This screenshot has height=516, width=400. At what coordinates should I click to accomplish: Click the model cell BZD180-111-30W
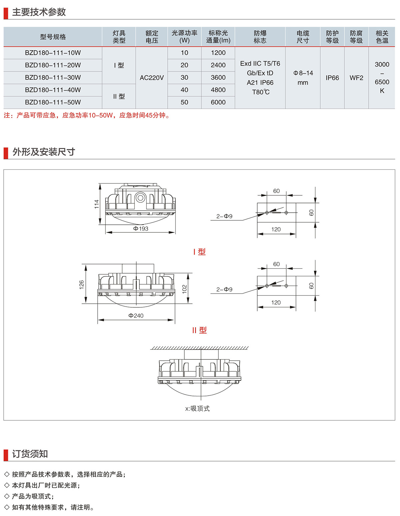click(53, 78)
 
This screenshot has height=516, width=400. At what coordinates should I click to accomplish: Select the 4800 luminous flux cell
click(218, 90)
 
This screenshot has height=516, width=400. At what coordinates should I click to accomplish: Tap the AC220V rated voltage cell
click(152, 78)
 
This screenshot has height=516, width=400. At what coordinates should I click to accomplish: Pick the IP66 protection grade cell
click(332, 78)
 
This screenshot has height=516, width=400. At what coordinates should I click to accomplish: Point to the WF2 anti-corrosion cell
click(356, 78)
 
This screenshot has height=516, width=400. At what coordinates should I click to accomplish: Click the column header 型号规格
click(53, 37)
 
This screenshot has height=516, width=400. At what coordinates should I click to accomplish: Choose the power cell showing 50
click(184, 102)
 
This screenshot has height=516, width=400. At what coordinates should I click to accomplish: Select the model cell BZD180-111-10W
click(53, 53)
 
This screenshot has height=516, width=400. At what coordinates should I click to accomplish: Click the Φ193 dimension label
click(141, 229)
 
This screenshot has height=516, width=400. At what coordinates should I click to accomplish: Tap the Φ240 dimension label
click(136, 316)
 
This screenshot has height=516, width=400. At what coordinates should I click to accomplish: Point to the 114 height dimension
click(97, 204)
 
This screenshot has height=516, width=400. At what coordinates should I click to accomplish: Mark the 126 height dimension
click(82, 284)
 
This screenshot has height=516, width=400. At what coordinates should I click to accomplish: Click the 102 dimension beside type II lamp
click(185, 289)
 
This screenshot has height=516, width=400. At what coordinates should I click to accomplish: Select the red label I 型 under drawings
click(199, 252)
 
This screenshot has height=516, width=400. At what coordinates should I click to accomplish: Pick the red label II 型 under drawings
click(199, 330)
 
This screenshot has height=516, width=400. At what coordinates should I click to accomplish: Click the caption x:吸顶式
click(197, 409)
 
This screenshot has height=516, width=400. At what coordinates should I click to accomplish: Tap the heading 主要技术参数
click(39, 12)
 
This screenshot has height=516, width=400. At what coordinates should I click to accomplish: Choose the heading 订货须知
click(30, 454)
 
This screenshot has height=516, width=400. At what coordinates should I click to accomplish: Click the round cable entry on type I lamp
click(140, 198)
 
